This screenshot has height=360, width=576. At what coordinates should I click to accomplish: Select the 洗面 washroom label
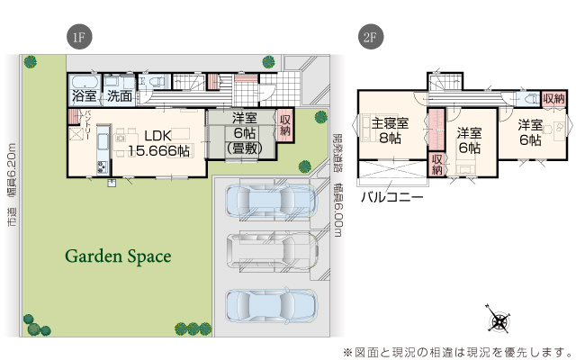tap(119, 94)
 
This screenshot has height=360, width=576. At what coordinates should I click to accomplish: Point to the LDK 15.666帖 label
tap(158, 144)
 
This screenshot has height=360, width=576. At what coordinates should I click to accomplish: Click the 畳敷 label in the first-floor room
tap(241, 148)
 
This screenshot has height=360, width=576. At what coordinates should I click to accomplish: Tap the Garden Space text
tap(117, 256)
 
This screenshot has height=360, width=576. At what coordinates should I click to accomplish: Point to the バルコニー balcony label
tap(392, 196)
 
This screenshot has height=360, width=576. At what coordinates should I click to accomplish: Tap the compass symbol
tap(498, 320)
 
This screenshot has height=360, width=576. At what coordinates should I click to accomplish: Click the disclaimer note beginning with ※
tap(457, 351)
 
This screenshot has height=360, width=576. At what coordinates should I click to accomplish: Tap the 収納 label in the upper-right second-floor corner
tap(553, 98)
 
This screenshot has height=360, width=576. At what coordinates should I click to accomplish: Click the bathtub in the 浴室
tap(83, 79)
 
